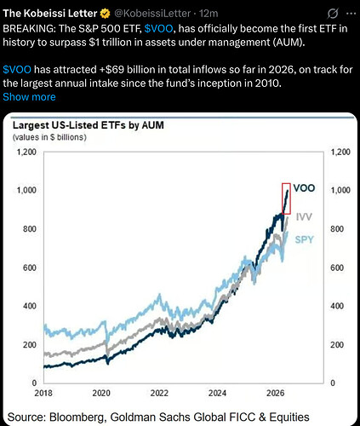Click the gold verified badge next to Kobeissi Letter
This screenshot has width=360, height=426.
click(106, 14)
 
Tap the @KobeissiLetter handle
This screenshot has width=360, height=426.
click(152, 14)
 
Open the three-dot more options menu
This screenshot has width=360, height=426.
click(351, 14)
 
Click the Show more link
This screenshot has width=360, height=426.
click(29, 97)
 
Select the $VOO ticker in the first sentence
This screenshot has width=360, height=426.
click(158, 29)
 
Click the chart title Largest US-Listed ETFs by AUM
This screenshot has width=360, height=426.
click(89, 125)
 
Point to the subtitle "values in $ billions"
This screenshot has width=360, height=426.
click(49, 137)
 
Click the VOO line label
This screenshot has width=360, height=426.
click(304, 188)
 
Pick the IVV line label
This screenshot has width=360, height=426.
click(304, 217)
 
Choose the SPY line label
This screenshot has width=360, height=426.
click(304, 239)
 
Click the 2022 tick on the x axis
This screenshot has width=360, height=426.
click(159, 393)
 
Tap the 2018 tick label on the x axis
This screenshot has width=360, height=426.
click(43, 393)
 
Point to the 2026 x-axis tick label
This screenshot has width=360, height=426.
click(275, 393)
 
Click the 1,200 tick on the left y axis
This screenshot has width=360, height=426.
click(26, 152)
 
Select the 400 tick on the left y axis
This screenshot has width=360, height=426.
click(30, 306)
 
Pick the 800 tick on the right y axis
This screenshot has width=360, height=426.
click(337, 229)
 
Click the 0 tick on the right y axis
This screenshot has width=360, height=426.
click(333, 383)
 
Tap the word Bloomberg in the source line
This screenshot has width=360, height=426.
click(77, 417)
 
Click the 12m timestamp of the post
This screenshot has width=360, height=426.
click(209, 14)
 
